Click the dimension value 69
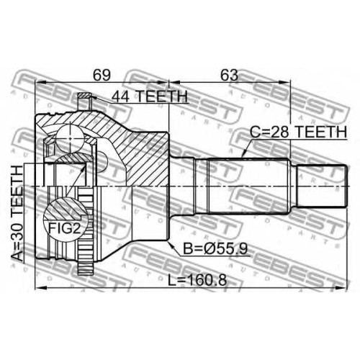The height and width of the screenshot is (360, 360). pyautogui.click(x=102, y=75)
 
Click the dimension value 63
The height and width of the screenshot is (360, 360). pyautogui.click(x=229, y=75)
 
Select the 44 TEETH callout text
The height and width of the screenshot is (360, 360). pyautogui.click(x=149, y=96)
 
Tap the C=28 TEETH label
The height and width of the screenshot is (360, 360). pyautogui.click(x=298, y=132)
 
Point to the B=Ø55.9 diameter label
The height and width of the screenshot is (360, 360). pyautogui.click(x=215, y=248)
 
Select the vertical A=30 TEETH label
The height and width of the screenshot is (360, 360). pyautogui.click(x=17, y=214)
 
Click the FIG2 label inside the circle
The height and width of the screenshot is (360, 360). pyautogui.click(x=64, y=228)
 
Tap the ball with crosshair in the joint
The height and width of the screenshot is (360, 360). pyautogui.click(x=70, y=138)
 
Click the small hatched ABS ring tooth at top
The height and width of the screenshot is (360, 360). pyautogui.click(x=84, y=96)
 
